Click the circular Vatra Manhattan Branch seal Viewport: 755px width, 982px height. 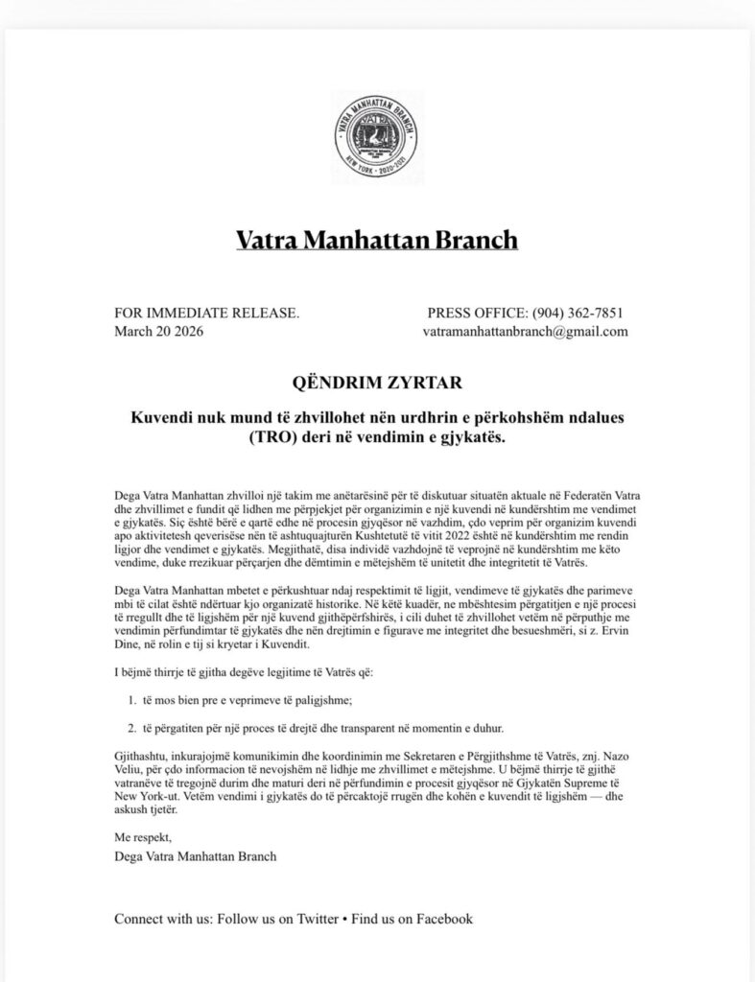(377, 134)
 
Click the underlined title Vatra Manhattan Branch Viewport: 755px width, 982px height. (377, 239)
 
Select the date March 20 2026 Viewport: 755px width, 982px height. (158, 332)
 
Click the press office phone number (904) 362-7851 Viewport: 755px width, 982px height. (580, 313)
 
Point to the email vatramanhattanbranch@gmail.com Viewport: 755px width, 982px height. (525, 332)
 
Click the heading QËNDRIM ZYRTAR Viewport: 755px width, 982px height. (377, 384)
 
